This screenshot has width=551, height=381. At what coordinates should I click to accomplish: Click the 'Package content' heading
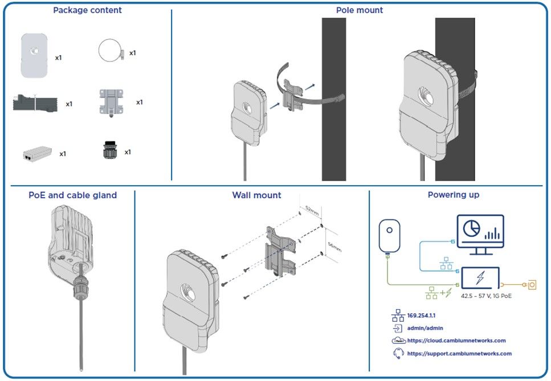tap(87, 10)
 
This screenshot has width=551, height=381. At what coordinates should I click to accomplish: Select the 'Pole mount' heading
tap(359, 10)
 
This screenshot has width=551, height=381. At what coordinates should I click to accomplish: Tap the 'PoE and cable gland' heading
tap(72, 195)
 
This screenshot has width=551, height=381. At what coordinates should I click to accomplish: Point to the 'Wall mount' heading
tap(256, 195)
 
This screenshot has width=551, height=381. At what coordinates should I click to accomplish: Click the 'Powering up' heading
tap(453, 195)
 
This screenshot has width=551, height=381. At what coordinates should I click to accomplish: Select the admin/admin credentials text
tap(425, 328)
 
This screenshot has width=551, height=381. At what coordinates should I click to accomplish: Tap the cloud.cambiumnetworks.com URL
tap(456, 341)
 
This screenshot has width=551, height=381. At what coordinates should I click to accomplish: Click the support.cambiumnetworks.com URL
tap(459, 354)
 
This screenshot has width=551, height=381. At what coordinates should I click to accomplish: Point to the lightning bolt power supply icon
tap(480, 278)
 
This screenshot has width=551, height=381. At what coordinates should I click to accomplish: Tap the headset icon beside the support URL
tap(398, 353)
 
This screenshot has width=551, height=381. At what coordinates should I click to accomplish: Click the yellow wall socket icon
tap(533, 283)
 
